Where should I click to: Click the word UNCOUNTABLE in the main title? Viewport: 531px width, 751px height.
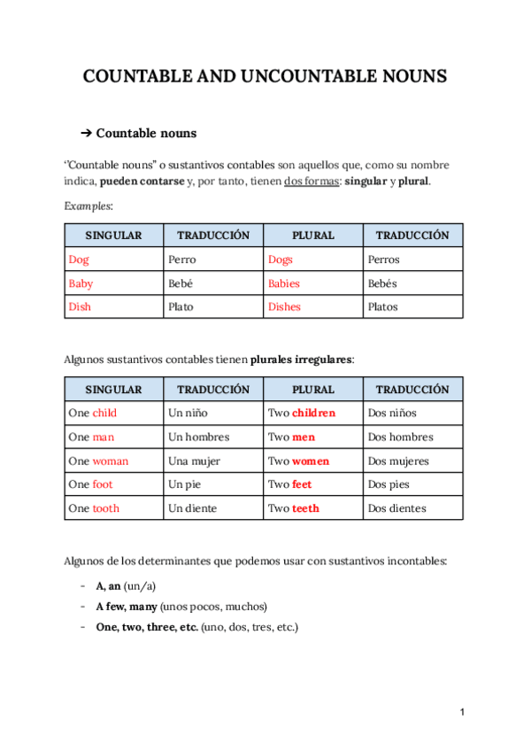coord(285,77)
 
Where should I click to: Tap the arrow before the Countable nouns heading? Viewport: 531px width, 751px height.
coord(86,134)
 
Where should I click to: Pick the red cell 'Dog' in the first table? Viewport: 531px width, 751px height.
coord(79,259)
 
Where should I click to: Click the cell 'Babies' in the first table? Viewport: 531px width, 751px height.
coord(284,283)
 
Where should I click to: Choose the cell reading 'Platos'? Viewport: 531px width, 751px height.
coord(382,307)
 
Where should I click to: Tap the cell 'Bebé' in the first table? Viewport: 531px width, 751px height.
coord(181,283)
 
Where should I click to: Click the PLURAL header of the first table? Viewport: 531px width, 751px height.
coord(313,236)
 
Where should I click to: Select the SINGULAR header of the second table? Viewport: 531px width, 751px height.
coord(113,390)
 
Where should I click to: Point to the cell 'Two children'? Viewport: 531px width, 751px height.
coord(302,414)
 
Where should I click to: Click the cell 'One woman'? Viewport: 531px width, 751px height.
coord(98,461)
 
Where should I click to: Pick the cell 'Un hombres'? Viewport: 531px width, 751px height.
coord(198,437)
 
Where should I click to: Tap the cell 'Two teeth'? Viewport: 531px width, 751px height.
coord(294,509)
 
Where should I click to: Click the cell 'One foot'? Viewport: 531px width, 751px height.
coord(90,485)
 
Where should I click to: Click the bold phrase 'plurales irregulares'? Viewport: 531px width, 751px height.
coord(301,360)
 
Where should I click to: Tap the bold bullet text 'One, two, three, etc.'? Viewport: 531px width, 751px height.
coord(147,626)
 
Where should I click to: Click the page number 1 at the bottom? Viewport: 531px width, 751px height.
coord(462,712)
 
